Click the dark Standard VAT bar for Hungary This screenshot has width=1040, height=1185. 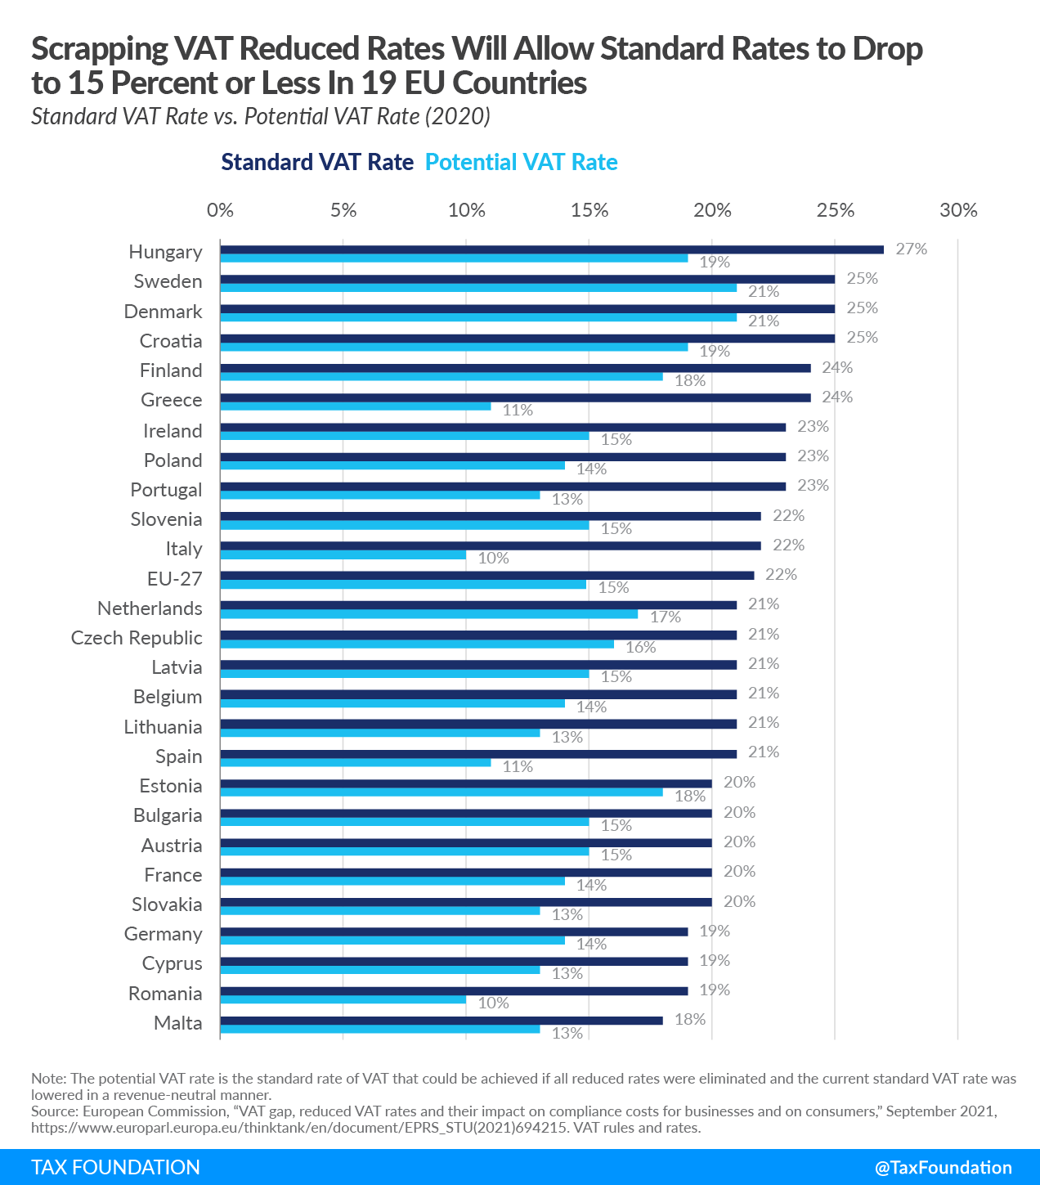click(552, 249)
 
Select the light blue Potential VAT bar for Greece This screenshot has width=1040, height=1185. click(356, 406)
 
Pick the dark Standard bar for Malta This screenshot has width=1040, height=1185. click(442, 1021)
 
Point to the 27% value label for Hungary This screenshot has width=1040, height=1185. click(911, 249)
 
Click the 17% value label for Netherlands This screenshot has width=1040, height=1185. click(666, 617)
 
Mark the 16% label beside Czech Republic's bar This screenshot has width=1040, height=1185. click(641, 647)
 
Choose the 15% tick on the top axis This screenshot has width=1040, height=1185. click(589, 210)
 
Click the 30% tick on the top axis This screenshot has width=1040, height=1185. click(958, 210)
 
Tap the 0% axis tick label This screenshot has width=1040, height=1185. click(220, 210)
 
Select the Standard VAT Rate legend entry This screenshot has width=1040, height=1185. click(317, 162)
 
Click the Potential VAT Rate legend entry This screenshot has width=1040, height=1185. click(522, 162)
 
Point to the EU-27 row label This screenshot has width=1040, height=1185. click(174, 579)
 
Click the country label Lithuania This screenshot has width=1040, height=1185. click(163, 727)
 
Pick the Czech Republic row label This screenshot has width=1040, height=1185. click(137, 638)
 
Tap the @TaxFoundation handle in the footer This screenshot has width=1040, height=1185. click(943, 1168)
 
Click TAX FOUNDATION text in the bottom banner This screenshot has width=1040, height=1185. click(115, 1168)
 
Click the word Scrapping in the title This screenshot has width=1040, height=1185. click(101, 49)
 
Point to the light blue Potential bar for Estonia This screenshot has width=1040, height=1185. click(442, 792)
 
